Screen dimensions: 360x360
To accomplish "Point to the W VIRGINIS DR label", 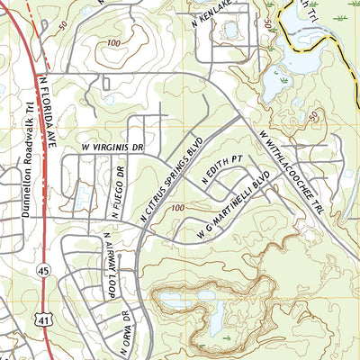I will point(112,144).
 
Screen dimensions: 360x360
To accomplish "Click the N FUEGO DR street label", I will point(115,191).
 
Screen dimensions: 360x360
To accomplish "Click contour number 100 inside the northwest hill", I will point(112,43).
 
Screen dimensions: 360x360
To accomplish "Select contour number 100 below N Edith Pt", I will point(175,208).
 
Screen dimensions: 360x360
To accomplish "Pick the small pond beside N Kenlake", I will point(231,30).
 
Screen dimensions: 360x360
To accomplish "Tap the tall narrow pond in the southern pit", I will point(217,314).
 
